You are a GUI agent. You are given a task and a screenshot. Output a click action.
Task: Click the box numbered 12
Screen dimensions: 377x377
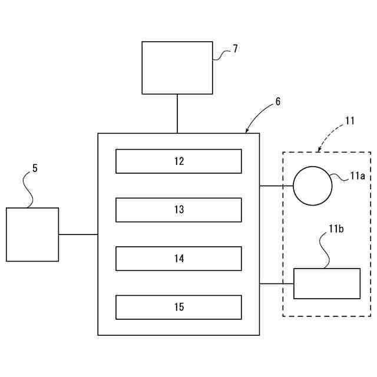(178, 161)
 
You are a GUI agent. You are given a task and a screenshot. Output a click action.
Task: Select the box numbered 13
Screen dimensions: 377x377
(178, 210)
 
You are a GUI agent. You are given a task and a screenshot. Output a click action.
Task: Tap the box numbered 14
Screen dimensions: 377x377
(178, 258)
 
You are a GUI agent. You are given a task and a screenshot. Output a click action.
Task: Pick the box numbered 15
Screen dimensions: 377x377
(178, 307)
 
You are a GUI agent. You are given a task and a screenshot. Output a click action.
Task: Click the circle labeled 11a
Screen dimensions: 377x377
(313, 186)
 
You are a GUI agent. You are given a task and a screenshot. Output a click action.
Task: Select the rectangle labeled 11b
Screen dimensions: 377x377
(327, 283)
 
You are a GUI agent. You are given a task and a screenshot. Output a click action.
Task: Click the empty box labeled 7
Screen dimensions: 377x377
(177, 68)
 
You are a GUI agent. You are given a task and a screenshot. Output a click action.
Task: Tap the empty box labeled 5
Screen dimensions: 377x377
(32, 234)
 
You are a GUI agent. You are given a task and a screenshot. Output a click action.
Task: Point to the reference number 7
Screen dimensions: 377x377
(235, 49)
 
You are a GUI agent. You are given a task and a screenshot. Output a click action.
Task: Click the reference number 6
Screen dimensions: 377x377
(277, 101)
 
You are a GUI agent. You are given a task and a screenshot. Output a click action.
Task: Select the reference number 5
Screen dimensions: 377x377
(35, 168)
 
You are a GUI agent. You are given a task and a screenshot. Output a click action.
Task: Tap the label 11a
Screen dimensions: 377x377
(358, 176)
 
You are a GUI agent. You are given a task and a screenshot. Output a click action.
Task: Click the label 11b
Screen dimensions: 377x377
(336, 228)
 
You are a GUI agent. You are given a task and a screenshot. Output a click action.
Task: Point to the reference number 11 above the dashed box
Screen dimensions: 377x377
(350, 121)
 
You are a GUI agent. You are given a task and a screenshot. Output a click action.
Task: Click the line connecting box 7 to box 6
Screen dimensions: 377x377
(177, 114)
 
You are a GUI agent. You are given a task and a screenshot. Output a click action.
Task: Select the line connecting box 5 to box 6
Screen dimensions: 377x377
(78, 234)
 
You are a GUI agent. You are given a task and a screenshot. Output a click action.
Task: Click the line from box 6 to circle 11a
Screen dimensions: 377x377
(276, 186)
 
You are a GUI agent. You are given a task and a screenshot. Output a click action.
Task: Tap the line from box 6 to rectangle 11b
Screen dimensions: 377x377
(276, 283)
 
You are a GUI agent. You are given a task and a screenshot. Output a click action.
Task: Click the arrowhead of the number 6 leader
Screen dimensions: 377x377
(247, 131)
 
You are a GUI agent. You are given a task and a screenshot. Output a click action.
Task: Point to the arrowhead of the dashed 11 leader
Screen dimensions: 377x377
(319, 151)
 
